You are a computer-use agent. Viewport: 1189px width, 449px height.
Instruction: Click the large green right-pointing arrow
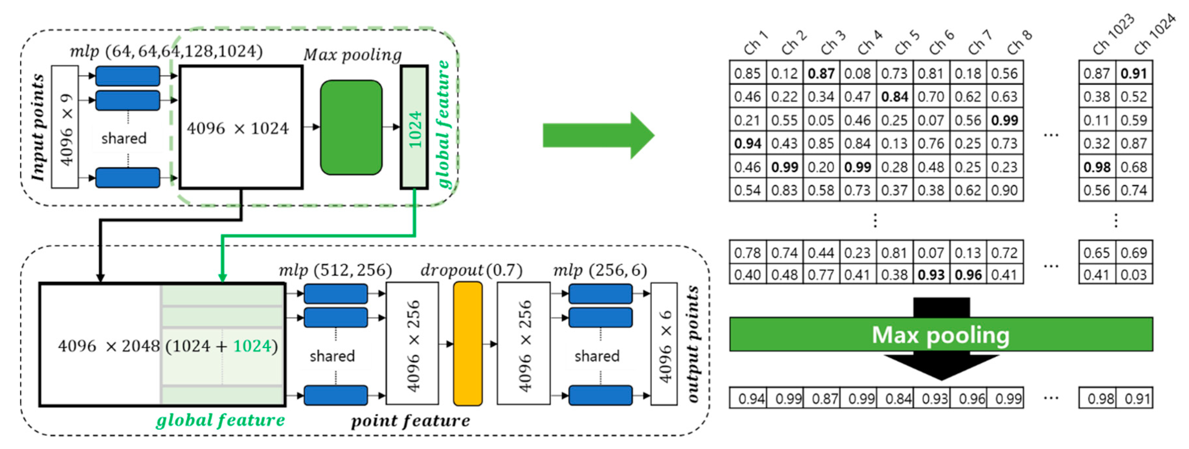coord(598,135)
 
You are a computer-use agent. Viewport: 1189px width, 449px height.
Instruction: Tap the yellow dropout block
coord(468,344)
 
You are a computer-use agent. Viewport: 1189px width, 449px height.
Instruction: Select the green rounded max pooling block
coord(351,127)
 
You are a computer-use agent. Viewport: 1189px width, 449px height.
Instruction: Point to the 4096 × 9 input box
coord(65,127)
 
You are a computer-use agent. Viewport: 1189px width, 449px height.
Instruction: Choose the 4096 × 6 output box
coord(664,344)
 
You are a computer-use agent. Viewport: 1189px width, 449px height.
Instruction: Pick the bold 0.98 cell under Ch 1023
coord(1097,167)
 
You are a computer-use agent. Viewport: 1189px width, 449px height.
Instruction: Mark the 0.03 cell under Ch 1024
coord(1134,275)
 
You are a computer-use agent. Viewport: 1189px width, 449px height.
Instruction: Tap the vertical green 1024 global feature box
coord(414,127)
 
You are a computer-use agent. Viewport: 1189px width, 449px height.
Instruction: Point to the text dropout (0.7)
coord(471,270)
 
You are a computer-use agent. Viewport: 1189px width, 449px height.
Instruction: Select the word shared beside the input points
coord(124,138)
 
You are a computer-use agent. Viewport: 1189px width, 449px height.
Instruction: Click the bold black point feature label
coord(410,421)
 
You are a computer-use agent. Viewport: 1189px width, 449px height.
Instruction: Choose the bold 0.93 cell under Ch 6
coord(931,275)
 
